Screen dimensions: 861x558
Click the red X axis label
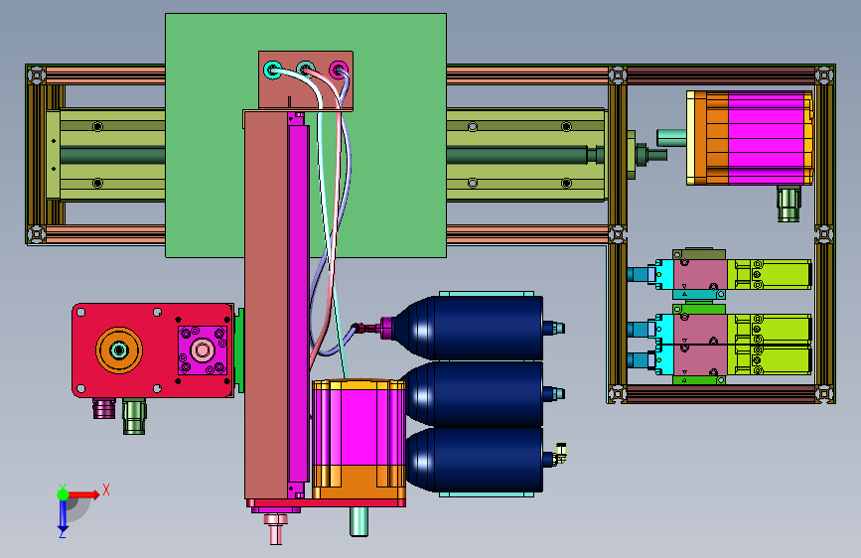click(106, 489)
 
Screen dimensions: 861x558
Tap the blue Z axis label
click(62, 533)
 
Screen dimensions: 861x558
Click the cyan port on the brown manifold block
click(272, 70)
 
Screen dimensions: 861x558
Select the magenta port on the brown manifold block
click(339, 70)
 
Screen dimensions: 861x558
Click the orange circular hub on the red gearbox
click(119, 349)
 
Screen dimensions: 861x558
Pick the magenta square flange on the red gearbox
click(202, 350)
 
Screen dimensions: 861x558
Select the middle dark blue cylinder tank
click(473, 394)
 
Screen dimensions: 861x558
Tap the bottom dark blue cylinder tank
click(474, 460)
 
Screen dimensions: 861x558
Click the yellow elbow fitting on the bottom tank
click(559, 454)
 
